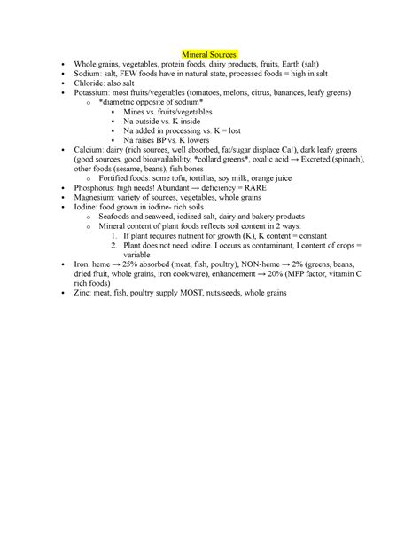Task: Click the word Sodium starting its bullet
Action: [x=88, y=76]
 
